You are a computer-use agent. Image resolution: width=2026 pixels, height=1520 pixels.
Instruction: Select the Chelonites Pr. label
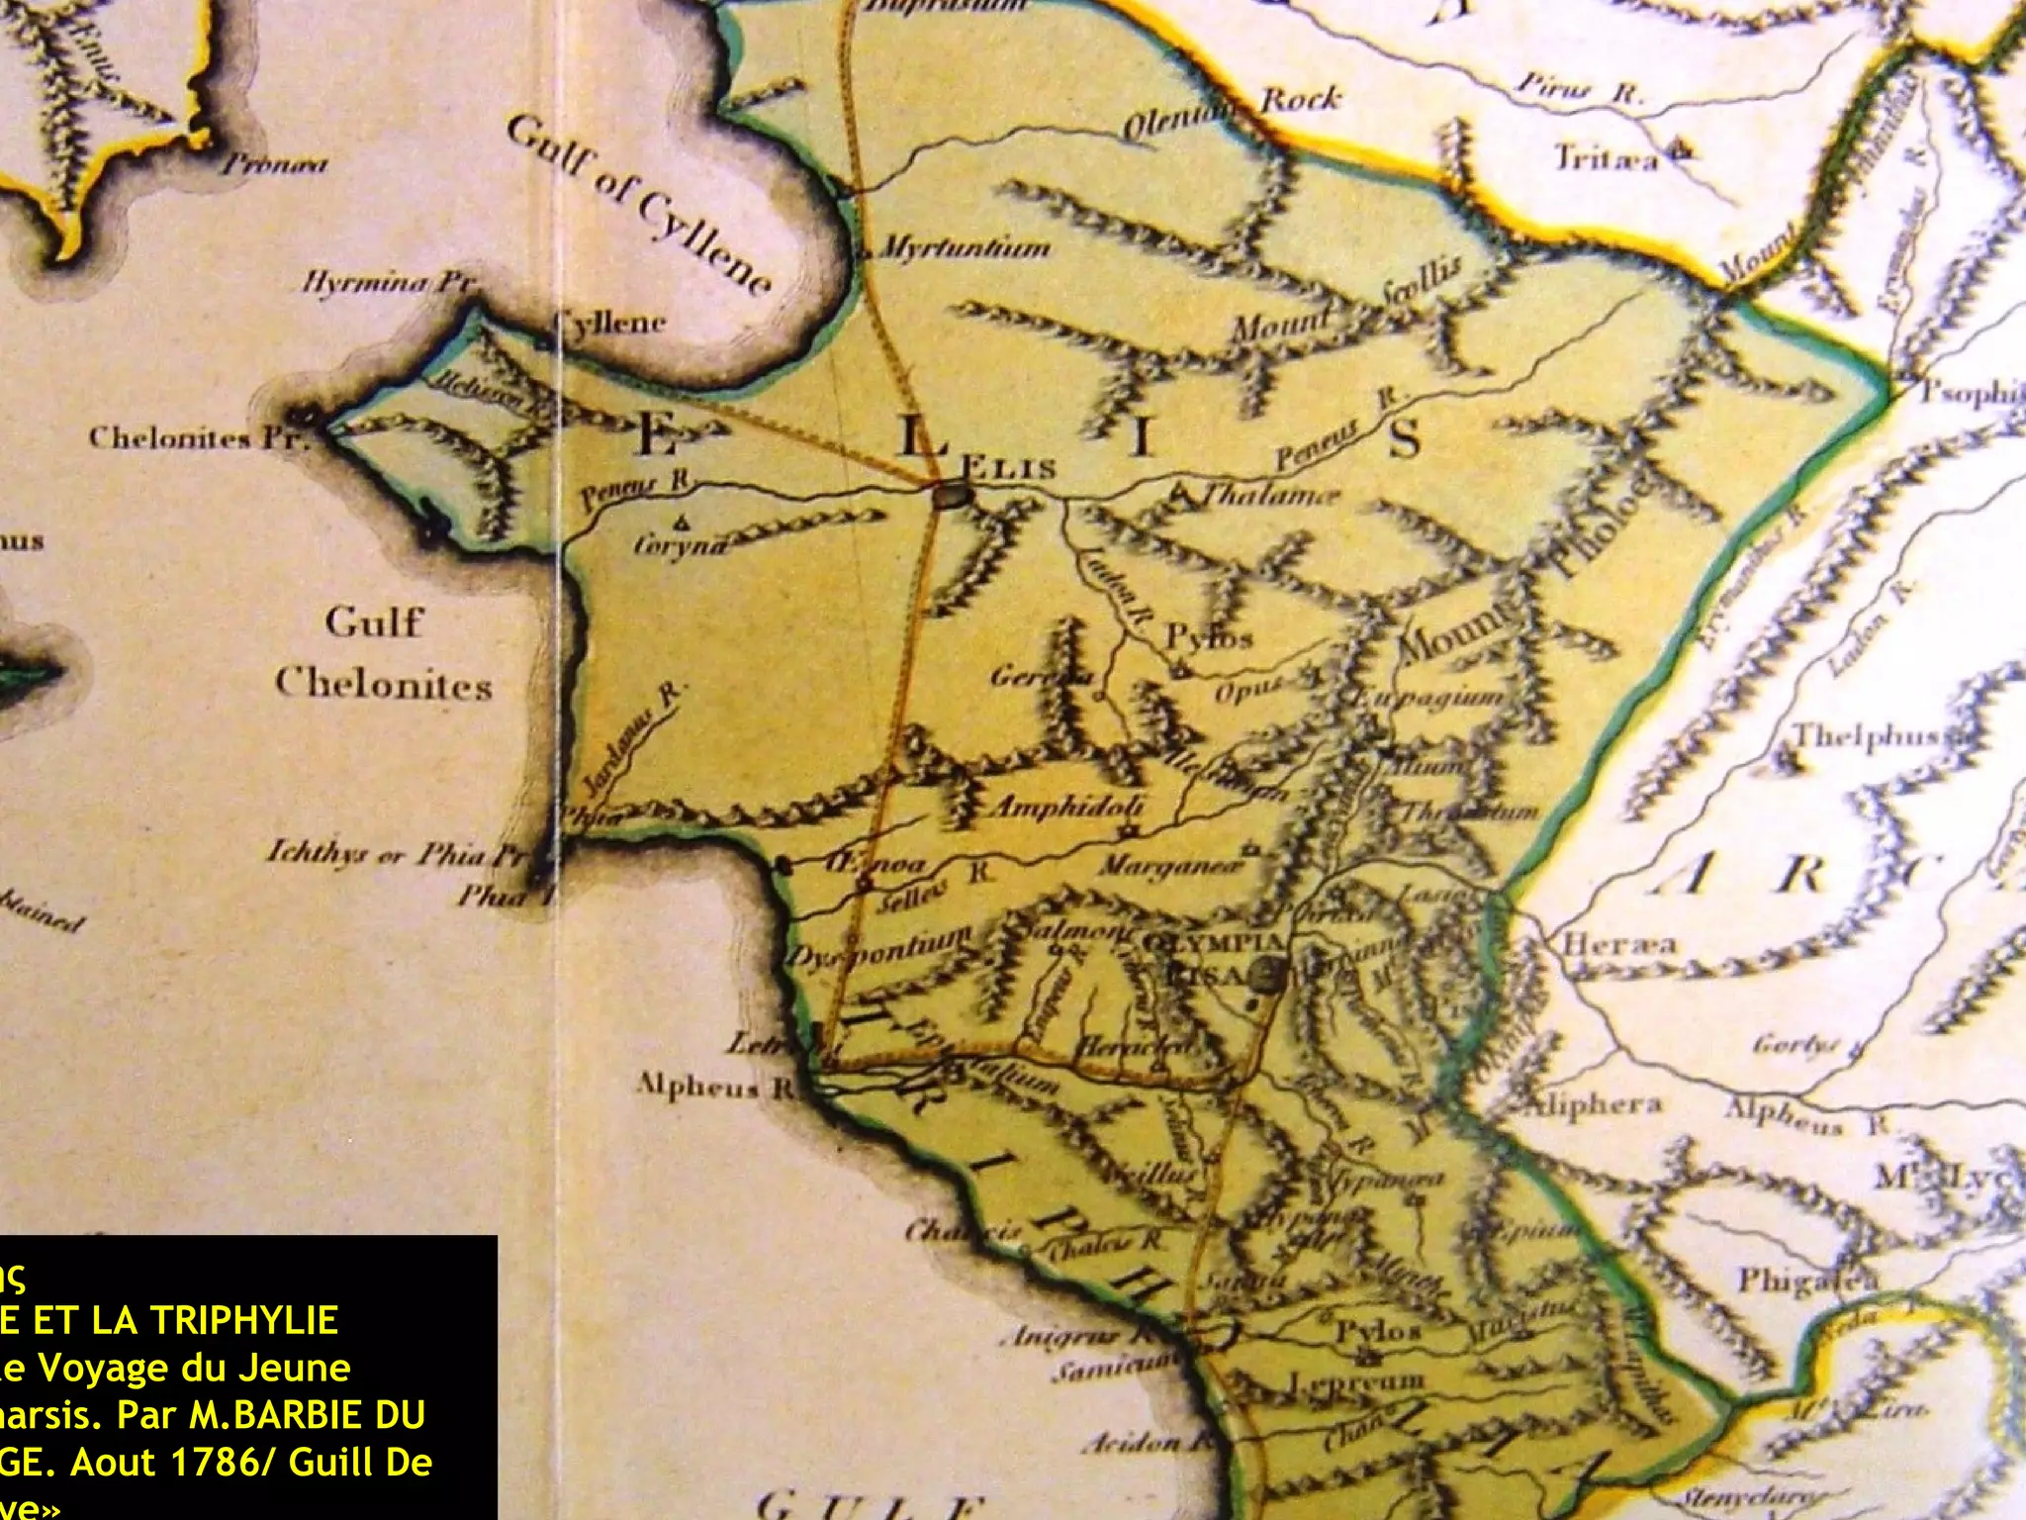coord(199,437)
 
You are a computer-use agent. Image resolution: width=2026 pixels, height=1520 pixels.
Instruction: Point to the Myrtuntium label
coord(964,247)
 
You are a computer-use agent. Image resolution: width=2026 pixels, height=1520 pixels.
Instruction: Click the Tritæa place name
coord(1606,158)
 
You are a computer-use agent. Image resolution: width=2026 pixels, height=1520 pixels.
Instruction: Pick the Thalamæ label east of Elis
coord(1271,495)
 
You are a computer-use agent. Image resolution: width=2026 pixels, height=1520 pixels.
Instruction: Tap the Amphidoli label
coord(1067,807)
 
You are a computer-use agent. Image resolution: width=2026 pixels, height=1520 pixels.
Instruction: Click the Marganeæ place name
coord(1170,867)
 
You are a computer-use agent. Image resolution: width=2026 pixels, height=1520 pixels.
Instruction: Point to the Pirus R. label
coord(1579,89)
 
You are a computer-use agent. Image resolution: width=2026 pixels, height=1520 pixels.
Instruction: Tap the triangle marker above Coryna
coord(682,522)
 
